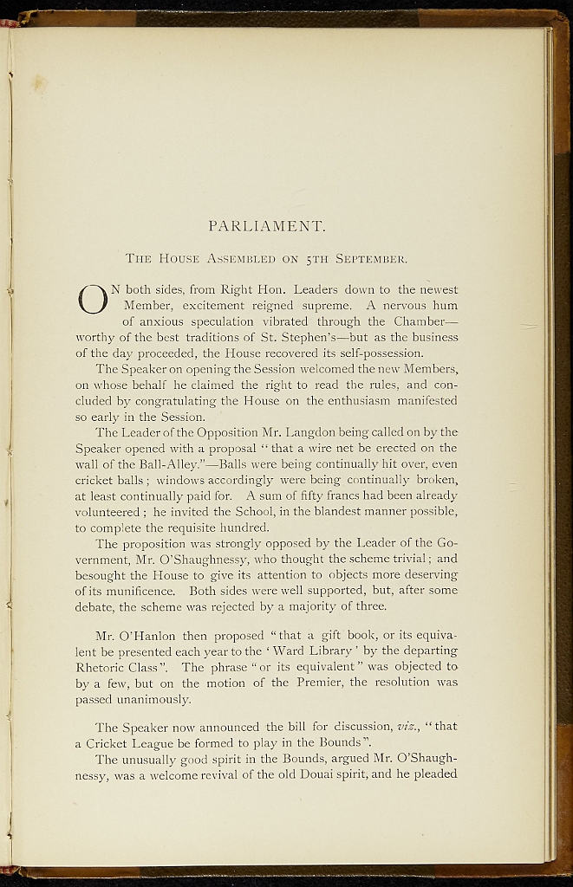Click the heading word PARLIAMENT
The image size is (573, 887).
(267, 227)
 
